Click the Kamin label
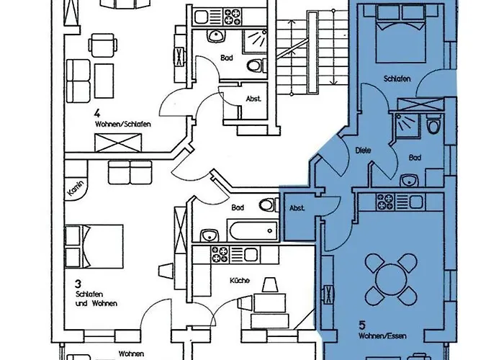click(x=76, y=188)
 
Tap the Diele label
click(x=363, y=150)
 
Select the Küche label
click(x=240, y=280)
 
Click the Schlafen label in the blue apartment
click(x=397, y=78)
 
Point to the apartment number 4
click(x=97, y=113)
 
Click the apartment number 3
click(x=78, y=284)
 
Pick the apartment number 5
click(x=362, y=325)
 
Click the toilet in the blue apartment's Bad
click(x=433, y=126)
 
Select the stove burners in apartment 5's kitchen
click(x=384, y=202)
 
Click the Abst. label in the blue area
click(x=297, y=208)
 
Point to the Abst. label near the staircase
click(x=253, y=99)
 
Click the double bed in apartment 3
click(x=94, y=246)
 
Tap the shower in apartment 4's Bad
click(x=254, y=42)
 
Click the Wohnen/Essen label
click(x=382, y=336)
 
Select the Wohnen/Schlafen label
click(x=123, y=124)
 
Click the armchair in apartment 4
click(x=103, y=45)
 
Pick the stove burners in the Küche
click(x=220, y=254)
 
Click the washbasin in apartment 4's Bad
click(x=215, y=36)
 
